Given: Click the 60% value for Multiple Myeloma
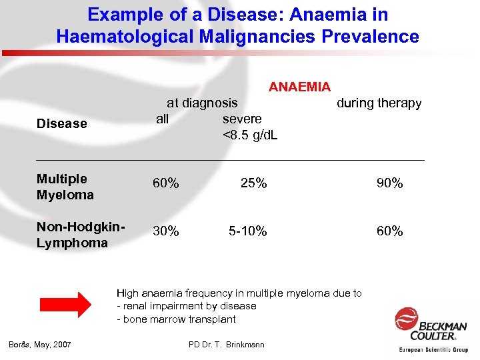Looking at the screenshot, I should point(165,183).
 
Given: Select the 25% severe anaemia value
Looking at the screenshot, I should point(253,183).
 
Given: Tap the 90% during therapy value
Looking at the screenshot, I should point(389,183).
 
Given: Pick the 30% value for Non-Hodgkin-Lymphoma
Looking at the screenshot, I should point(165,231).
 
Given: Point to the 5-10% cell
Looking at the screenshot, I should point(247,231).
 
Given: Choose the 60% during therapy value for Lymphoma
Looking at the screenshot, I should point(389,231).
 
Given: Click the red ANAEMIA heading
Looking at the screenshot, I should point(299,87).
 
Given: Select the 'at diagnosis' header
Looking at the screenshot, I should point(201,103).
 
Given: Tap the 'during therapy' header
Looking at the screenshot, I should point(379,103).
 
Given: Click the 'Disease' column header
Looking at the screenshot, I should point(61,123).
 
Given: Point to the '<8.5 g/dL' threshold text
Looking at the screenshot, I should point(250,135).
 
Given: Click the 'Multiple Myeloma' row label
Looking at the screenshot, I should point(65,187).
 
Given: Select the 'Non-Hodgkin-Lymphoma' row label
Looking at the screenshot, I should point(81,235).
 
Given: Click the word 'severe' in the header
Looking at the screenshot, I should point(242,119).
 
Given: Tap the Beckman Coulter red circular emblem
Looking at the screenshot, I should point(406,319).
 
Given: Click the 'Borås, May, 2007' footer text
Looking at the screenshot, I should point(40,344).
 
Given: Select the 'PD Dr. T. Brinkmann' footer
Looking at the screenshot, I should point(227,344).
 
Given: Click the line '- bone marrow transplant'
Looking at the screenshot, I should point(176,319).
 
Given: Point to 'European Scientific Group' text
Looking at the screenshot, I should point(433,349).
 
